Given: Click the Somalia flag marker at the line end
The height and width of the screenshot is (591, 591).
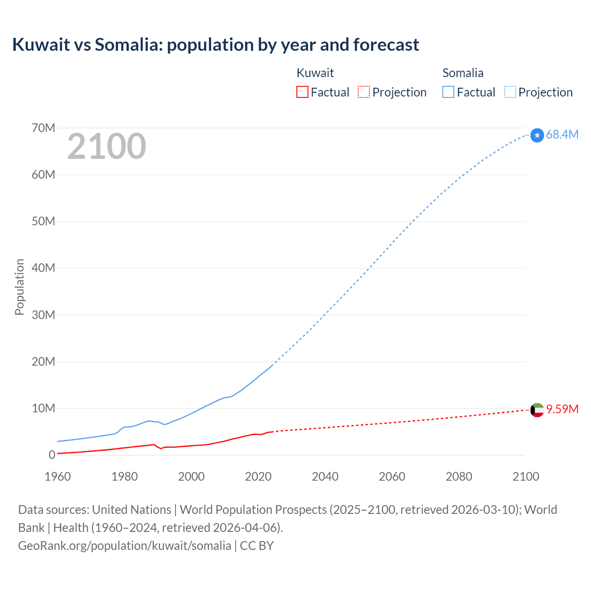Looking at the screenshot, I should [537, 135].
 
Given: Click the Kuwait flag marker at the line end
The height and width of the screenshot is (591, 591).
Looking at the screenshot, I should [537, 410].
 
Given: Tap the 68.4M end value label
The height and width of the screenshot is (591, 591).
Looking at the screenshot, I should [562, 134].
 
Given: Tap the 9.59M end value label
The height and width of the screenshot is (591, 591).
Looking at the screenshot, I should [562, 409].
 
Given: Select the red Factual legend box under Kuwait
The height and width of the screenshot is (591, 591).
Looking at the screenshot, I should [302, 92].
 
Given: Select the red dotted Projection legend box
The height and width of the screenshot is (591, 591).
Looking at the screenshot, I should [364, 92].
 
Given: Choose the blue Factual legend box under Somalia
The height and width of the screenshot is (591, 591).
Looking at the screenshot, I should [448, 92].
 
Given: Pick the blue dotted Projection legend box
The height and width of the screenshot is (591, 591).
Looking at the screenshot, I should [510, 92].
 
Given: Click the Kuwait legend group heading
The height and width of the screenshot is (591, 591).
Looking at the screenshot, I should [315, 73].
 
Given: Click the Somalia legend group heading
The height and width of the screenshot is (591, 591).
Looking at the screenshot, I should [463, 73].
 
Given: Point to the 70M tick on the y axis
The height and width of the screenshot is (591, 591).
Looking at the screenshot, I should [43, 128].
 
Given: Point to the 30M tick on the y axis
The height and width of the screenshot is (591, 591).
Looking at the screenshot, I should [43, 315].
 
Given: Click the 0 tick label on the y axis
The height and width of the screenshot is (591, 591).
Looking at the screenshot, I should [52, 455].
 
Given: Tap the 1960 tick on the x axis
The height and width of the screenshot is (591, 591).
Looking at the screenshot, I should [58, 476].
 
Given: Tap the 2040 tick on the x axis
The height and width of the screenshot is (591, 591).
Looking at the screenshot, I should [325, 476].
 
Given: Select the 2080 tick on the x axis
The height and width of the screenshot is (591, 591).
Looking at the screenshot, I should [459, 476].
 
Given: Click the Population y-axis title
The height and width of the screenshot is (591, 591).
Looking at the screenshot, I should [19, 287].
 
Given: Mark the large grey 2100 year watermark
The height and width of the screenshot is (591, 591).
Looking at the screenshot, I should [107, 146].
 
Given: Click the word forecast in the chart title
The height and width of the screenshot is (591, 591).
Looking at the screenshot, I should [386, 45].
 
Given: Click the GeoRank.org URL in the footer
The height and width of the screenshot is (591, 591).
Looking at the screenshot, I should [125, 546].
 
